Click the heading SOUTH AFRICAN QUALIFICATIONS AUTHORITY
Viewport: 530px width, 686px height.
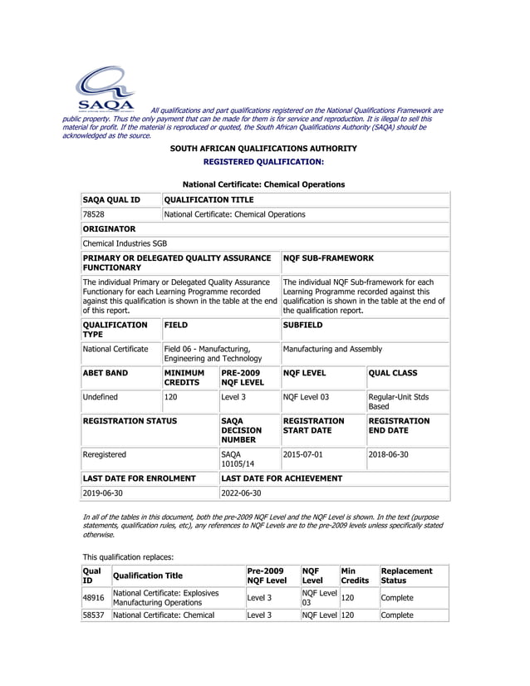[x=263, y=149]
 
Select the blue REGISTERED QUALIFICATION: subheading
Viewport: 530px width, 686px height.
[x=263, y=162]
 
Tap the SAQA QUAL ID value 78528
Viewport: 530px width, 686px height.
[x=93, y=214]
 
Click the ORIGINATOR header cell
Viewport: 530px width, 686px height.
[x=109, y=228]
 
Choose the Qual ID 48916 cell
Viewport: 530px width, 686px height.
[x=93, y=597]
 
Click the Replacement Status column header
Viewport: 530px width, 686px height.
[x=406, y=576]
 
